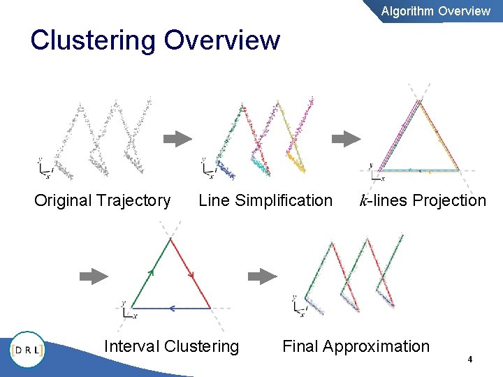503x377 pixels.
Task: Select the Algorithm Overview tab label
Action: pyautogui.click(x=435, y=10)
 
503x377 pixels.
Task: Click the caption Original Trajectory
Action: pyautogui.click(x=102, y=201)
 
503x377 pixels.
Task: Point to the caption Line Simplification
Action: pyautogui.click(x=265, y=201)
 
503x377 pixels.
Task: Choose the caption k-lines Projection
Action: pyautogui.click(x=422, y=201)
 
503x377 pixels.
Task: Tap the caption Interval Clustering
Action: pyautogui.click(x=171, y=346)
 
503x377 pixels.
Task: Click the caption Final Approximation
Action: pyautogui.click(x=356, y=346)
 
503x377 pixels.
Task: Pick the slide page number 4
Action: pyautogui.click(x=470, y=360)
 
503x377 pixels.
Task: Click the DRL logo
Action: pyautogui.click(x=27, y=349)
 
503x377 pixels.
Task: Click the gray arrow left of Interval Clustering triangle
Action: pyautogui.click(x=94, y=276)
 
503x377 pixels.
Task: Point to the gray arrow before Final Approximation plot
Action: pyautogui.click(x=263, y=276)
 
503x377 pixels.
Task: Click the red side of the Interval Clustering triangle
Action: pyautogui.click(x=190, y=273)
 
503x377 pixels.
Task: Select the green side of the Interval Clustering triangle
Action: pyautogui.click(x=150, y=273)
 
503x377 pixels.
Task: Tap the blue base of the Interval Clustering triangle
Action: pyautogui.click(x=171, y=308)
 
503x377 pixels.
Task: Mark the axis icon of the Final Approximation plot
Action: pyautogui.click(x=300, y=305)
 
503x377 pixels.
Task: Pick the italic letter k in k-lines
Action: pyautogui.click(x=363, y=201)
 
